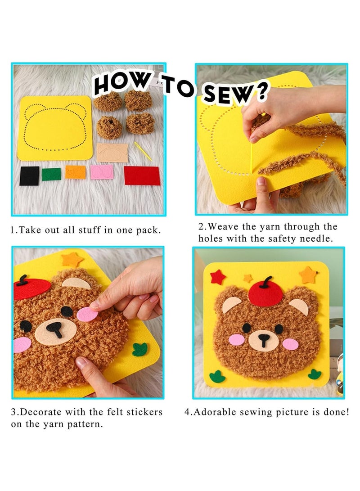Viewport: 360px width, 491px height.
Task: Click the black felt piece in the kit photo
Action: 29,176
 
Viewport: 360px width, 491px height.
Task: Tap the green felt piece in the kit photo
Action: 51,174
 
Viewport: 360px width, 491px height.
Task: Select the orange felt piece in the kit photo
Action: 75,172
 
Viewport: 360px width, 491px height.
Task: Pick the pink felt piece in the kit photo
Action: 101,172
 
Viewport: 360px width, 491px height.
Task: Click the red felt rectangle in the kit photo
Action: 142,176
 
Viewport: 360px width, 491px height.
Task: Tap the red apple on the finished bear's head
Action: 265,296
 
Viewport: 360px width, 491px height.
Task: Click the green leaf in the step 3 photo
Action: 139,349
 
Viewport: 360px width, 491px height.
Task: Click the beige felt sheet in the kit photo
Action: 112,153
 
